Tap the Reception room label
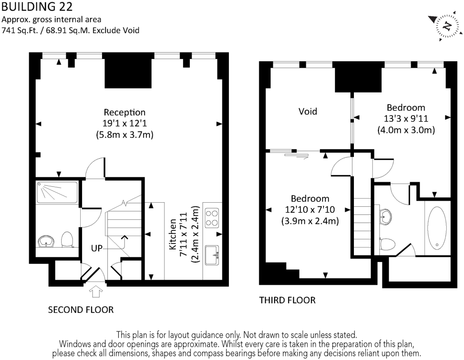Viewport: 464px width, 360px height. (x=125, y=112)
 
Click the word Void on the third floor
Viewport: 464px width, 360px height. (x=308, y=112)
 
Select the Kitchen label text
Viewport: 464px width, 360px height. (x=173, y=234)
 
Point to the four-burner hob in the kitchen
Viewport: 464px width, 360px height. (x=212, y=218)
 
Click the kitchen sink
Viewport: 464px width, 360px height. (x=212, y=255)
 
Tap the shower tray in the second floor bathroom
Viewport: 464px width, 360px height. (x=57, y=192)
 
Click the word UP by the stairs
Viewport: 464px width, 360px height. (x=97, y=248)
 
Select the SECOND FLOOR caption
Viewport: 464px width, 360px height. (x=81, y=310)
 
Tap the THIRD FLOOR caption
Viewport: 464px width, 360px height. (x=287, y=300)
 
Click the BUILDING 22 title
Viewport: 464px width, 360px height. (x=37, y=6)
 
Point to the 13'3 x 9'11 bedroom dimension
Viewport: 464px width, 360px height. (x=406, y=118)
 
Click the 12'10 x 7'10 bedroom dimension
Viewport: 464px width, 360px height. (x=310, y=209)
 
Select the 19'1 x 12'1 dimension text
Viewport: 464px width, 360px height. (x=125, y=123)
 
